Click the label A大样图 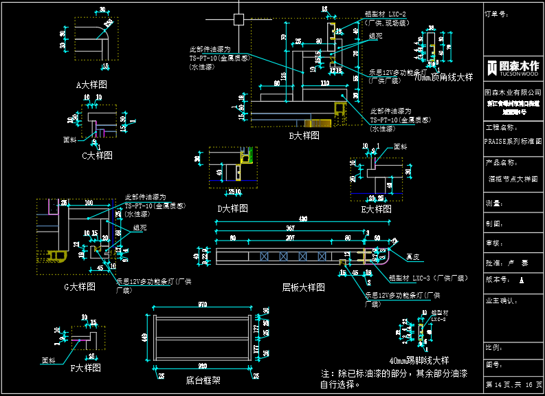coord(91,85)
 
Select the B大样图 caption coord(304,136)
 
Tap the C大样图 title coord(97,155)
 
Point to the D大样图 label coord(232,208)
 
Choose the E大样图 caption coord(376,209)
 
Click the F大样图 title coord(85,368)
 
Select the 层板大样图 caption coord(303,287)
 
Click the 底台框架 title coord(203,379)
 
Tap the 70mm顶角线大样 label coord(443,78)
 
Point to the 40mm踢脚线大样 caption coord(419,360)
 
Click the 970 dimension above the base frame coord(202,304)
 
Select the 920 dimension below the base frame coord(202,366)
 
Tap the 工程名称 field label coord(500,128)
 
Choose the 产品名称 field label coord(500,163)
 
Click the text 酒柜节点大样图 coord(513,179)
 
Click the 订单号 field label coord(496,13)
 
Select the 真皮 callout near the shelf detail coord(412,257)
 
